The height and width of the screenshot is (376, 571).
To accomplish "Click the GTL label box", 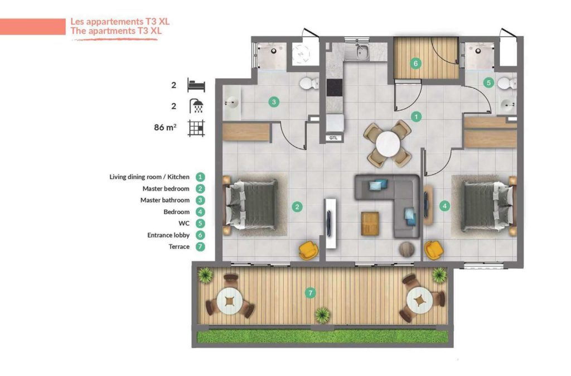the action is coord(333,138).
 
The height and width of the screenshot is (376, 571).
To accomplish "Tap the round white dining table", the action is coord(388,144).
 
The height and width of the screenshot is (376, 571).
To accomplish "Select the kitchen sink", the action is coord(361,52).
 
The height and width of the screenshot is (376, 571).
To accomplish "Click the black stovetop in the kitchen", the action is coord(335,88).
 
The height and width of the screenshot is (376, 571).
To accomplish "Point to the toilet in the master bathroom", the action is coord(309,84).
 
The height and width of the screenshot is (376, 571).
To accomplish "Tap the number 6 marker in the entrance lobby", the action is coord(415,64).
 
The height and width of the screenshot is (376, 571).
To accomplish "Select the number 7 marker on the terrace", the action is coord(310,292).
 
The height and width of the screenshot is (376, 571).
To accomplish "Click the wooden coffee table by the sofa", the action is coord(370,224).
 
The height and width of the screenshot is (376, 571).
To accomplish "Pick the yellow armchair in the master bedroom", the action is coord(308,250).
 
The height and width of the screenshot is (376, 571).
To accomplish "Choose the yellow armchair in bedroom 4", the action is coord(433,250).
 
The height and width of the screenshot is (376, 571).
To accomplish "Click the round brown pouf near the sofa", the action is coord(407,249).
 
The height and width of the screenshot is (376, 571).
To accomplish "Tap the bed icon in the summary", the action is coord(196,85).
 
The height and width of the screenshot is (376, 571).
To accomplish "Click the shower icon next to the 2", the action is coord(197,106).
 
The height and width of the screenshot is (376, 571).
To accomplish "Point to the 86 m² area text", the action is coord(165,127).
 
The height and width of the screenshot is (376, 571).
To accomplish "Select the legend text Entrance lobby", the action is coord(168,235).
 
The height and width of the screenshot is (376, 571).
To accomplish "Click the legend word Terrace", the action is coord(179,247).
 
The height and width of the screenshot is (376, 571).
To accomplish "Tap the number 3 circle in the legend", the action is coord(200,200).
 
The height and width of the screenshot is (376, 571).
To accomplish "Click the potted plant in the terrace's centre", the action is coord(322,315).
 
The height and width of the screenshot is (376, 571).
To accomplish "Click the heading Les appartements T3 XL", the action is coord(120,22).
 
